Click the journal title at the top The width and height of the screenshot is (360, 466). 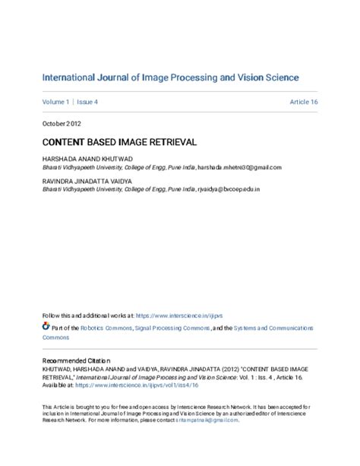[170, 78]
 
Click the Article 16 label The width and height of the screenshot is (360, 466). [303, 101]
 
